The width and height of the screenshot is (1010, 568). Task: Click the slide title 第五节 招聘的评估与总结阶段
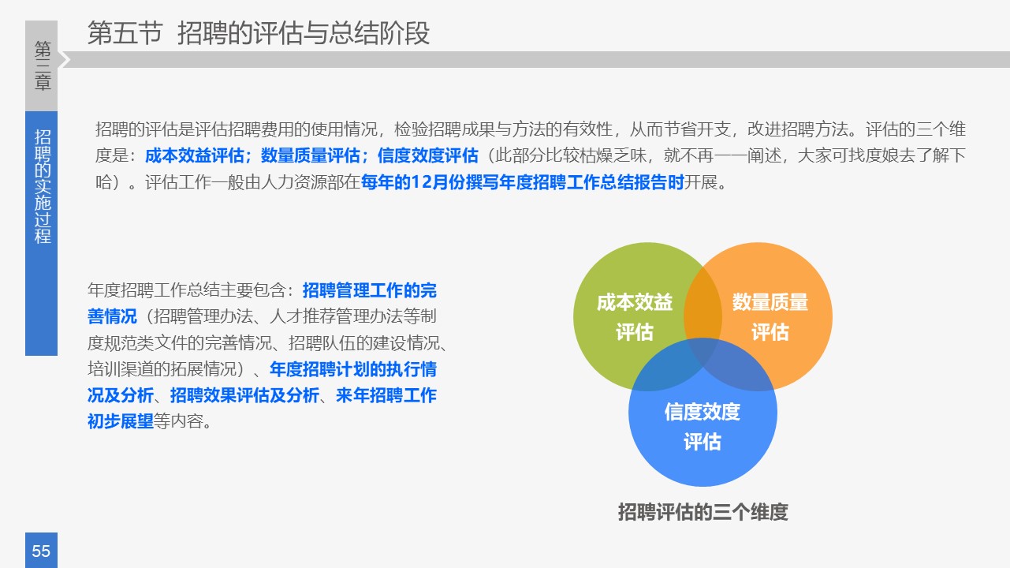click(259, 34)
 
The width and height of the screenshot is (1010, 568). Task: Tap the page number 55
click(41, 551)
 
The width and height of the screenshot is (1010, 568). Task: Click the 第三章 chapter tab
click(43, 66)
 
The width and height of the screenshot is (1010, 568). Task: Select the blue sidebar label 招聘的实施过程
click(43, 186)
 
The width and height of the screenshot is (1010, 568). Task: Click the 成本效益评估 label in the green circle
click(634, 317)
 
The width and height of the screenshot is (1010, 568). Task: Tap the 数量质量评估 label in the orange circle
click(770, 317)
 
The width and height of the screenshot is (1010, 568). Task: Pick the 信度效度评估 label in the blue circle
click(702, 426)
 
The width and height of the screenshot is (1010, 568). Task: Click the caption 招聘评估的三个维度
click(703, 512)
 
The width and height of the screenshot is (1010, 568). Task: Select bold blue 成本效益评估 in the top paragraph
click(194, 156)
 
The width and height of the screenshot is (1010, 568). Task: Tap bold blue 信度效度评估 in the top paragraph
click(427, 156)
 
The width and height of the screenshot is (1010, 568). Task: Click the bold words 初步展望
click(120, 421)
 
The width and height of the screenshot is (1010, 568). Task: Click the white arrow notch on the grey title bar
click(65, 60)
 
